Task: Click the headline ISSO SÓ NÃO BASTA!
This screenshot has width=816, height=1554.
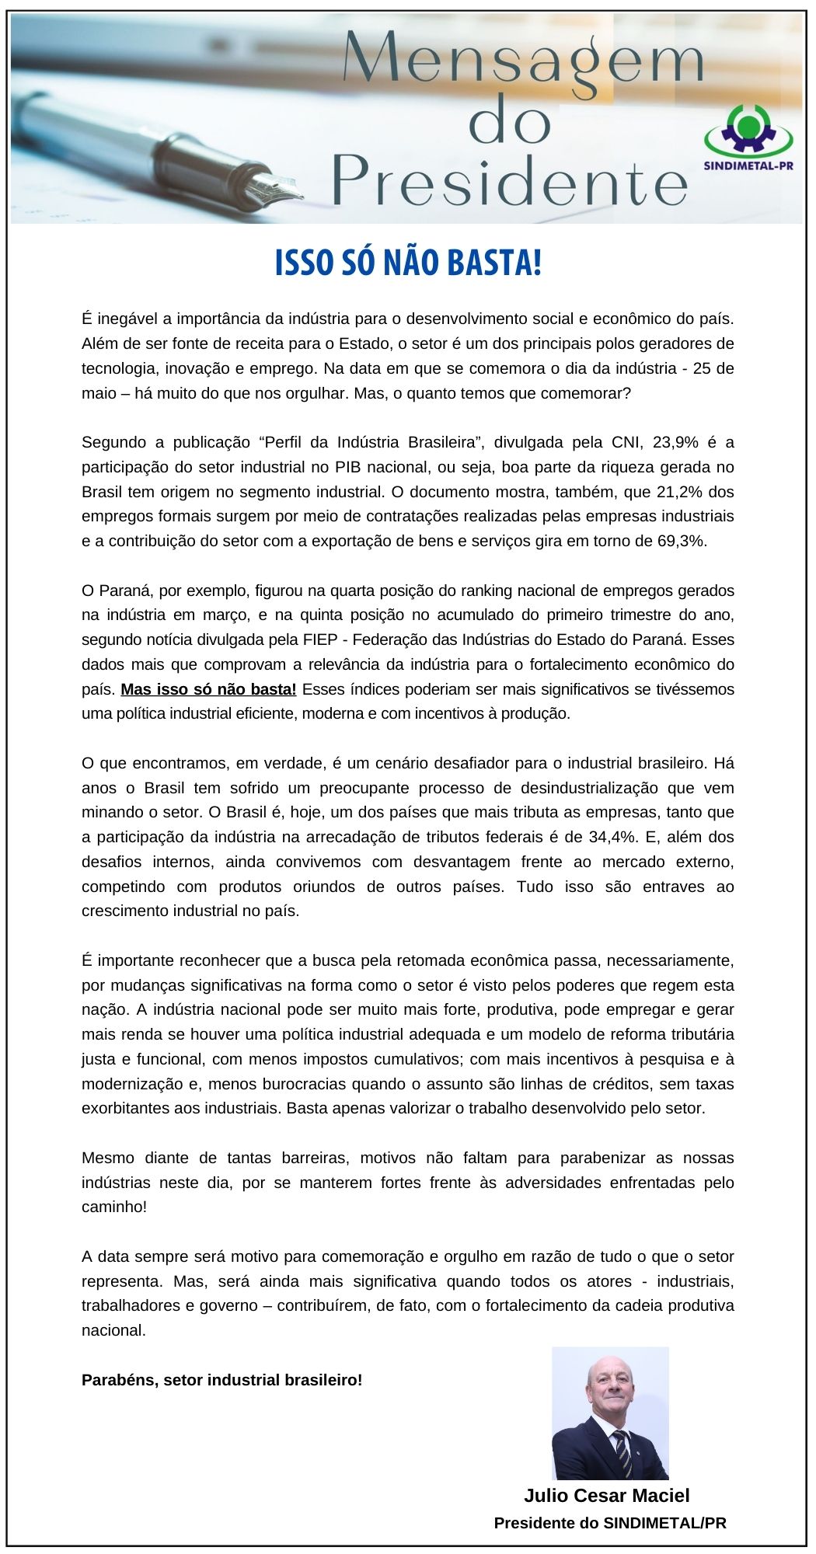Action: pos(408,263)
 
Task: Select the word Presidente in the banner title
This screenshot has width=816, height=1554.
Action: pos(510,180)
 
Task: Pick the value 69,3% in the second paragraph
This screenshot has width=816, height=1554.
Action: pos(682,542)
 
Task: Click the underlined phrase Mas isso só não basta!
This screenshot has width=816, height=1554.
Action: pos(208,689)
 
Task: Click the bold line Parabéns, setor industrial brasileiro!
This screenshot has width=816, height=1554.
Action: pos(221,1380)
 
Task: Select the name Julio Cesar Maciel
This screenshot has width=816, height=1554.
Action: pos(606,1495)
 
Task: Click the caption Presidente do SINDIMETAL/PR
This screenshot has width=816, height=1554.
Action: pos(610,1523)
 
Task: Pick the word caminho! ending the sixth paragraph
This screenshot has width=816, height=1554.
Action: pos(114,1207)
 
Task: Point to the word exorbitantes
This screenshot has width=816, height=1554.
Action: pos(125,1109)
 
